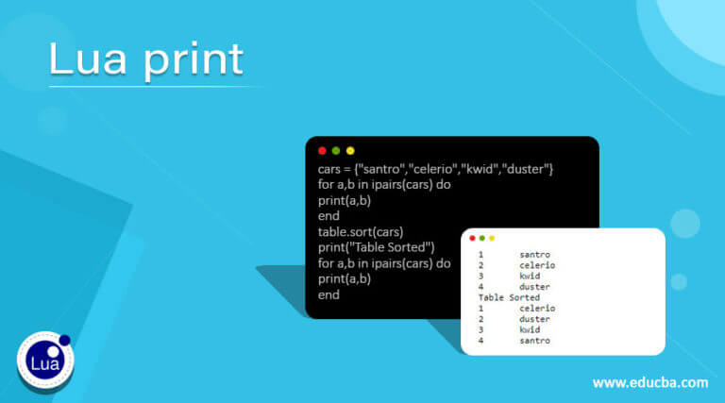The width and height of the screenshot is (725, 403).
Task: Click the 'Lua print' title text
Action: pos(146,60)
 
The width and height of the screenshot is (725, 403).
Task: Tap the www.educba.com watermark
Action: pos(649,382)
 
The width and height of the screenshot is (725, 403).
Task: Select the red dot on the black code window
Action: pos(322,151)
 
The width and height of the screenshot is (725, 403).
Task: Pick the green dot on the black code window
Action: pos(336,151)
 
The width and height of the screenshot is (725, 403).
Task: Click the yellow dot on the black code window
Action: pos(350,151)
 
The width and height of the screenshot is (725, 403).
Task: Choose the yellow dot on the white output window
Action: pos(491,238)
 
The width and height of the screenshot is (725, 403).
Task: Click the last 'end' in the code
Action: pos(329,294)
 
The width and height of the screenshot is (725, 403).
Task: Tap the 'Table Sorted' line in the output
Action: pos(510,297)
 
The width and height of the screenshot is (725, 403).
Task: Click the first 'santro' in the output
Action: pos(534,255)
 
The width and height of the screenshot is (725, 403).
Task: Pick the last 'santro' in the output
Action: pos(534,341)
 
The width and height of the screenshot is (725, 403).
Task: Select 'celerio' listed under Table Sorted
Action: pos(537,309)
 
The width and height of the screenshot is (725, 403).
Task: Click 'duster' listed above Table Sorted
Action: pos(534,287)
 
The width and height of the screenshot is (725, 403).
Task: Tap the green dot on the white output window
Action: pos(481,238)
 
